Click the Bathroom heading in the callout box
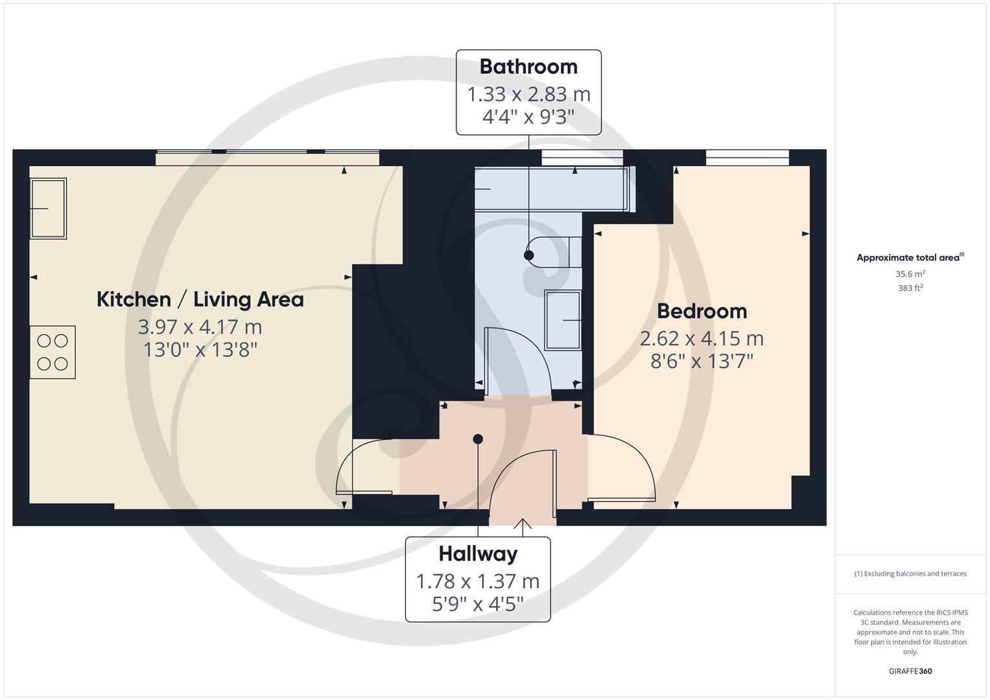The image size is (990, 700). [528, 67]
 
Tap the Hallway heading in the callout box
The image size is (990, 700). [478, 554]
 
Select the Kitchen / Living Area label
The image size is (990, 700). [200, 299]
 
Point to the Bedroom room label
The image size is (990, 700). [701, 311]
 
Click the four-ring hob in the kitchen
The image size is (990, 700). [53, 352]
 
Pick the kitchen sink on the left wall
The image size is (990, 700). [49, 209]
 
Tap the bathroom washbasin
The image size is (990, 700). [563, 320]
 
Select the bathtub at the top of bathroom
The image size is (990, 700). [551, 189]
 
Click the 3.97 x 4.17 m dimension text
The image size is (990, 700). [200, 327]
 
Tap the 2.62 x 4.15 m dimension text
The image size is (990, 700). [701, 338]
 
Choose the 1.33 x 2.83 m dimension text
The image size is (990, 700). [528, 95]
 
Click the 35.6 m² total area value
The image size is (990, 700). [910, 274]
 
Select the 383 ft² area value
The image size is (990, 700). [910, 288]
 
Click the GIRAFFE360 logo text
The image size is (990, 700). [910, 671]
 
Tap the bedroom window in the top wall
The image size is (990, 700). [747, 156]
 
